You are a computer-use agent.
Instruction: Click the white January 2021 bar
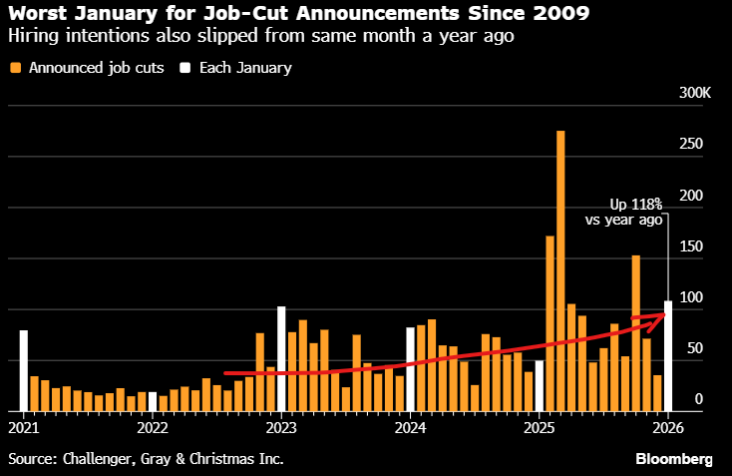tap(23, 370)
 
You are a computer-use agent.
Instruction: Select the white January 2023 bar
tap(281, 358)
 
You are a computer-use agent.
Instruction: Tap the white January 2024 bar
tap(410, 369)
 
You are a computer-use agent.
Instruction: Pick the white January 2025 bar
tap(540, 385)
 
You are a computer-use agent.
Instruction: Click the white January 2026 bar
tap(668, 355)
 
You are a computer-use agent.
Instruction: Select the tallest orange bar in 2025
tap(560, 270)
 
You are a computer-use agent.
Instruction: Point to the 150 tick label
tap(691, 246)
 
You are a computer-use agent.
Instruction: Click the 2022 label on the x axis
tap(153, 428)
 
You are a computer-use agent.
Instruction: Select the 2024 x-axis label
tap(410, 428)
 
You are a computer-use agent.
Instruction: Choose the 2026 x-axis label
tap(667, 428)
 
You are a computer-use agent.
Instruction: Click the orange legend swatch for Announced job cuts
tap(15, 68)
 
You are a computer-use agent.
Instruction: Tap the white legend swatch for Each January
tap(184, 68)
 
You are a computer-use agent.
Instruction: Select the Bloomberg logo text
tap(674, 459)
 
